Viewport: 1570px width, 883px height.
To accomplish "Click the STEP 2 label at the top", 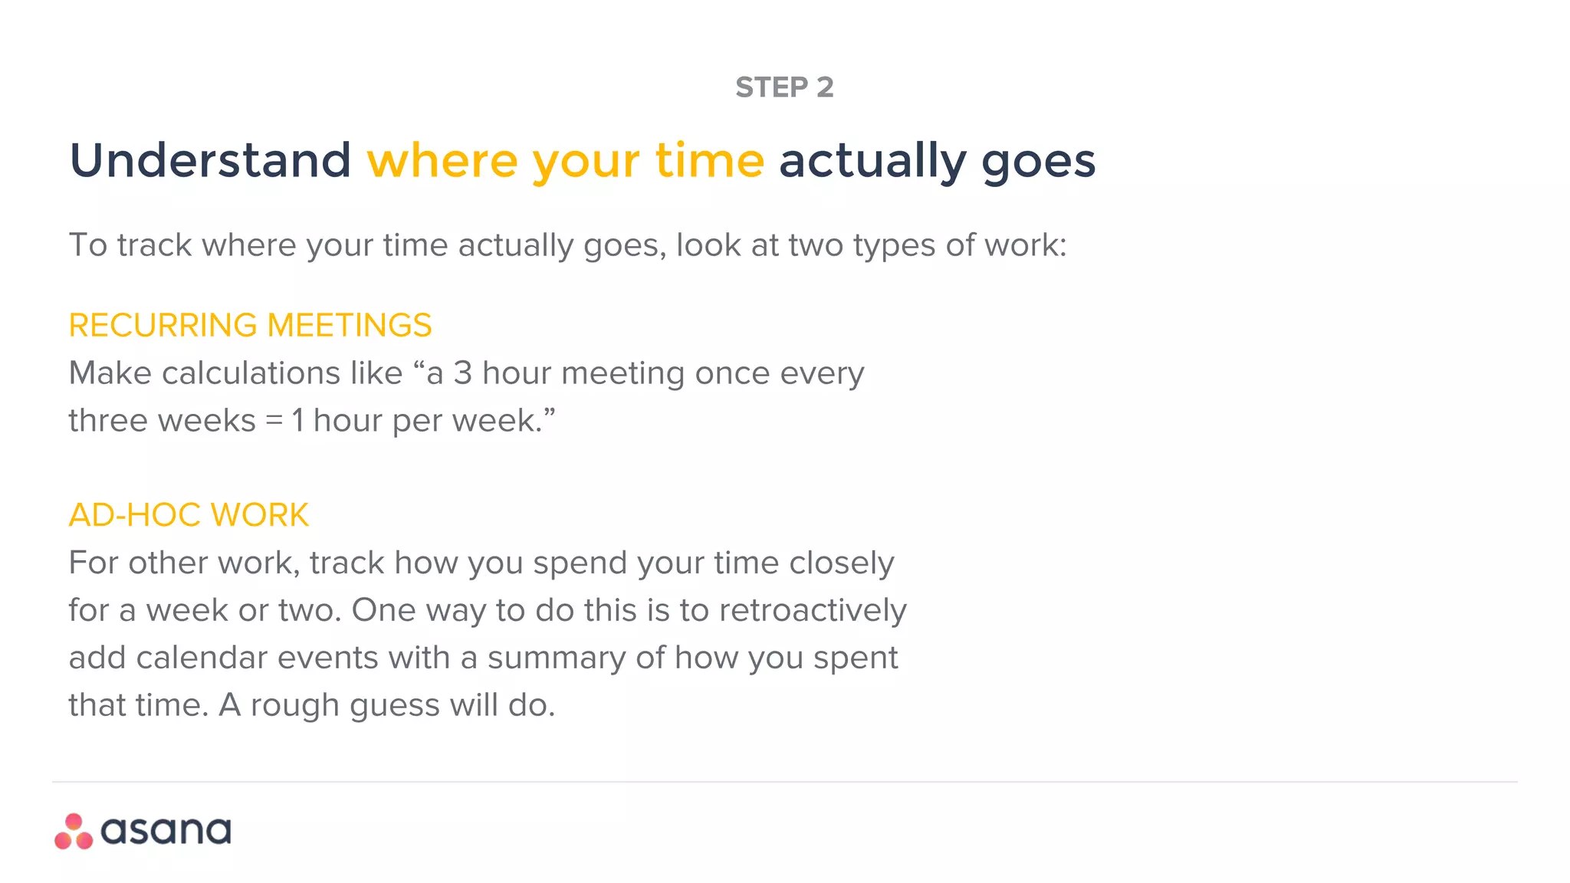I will coord(784,87).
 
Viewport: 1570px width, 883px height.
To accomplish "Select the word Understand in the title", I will coord(210,161).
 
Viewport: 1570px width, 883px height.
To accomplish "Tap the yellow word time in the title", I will coord(709,161).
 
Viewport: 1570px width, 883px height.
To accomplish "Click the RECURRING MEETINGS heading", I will coord(250,326).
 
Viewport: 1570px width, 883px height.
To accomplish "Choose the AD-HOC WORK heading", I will coord(189,515).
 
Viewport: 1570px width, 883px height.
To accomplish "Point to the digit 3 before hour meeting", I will coord(462,374).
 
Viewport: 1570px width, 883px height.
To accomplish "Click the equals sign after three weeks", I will coord(274,421).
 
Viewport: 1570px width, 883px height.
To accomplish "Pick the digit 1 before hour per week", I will coord(298,421).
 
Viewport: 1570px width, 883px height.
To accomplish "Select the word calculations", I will coord(281,374).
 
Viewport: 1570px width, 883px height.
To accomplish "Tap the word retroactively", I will coord(813,611).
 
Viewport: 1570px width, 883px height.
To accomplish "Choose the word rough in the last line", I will coord(295,706).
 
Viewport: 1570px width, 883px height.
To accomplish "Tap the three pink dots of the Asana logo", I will coord(74,832).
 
